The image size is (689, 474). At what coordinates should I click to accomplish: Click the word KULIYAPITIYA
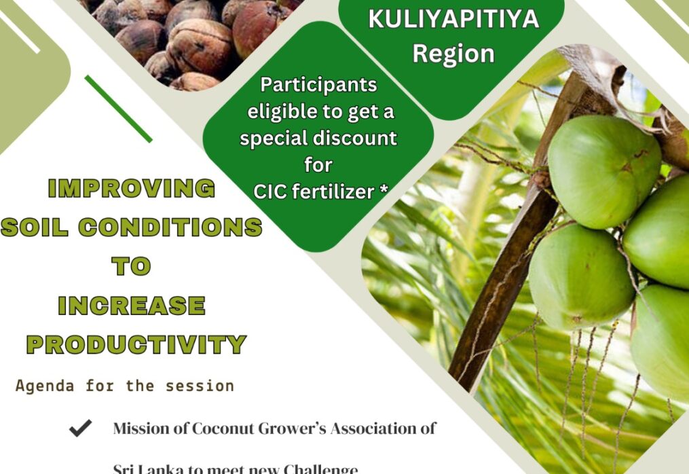[453, 18]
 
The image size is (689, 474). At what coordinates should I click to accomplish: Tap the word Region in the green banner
[453, 53]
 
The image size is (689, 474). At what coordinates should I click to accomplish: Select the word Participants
[318, 85]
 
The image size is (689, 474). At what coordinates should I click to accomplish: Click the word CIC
[272, 192]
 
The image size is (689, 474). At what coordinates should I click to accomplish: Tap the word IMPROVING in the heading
[132, 189]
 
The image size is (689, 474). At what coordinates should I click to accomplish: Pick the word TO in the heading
[131, 266]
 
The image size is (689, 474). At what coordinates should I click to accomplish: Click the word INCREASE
[131, 306]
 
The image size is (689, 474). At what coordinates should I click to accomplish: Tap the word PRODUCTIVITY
[136, 345]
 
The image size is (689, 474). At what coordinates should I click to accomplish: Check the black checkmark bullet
[80, 429]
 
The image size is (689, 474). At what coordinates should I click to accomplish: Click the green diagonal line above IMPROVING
[118, 109]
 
